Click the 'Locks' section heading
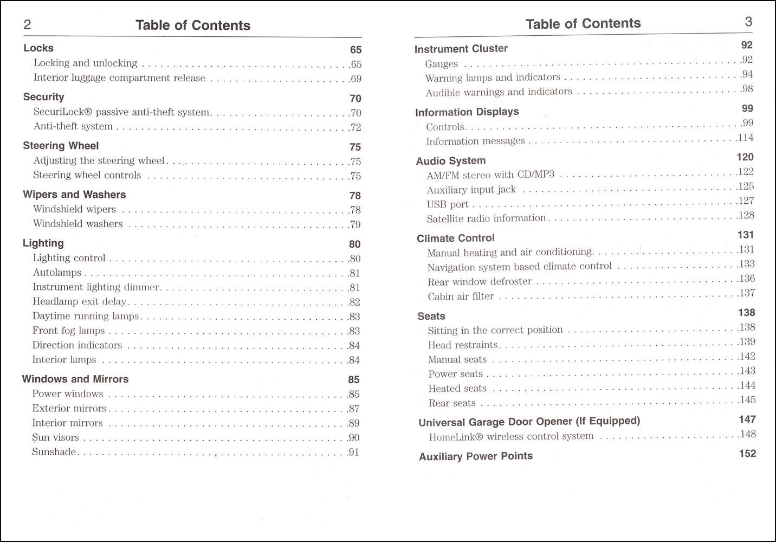(x=38, y=48)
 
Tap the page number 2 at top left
(x=27, y=24)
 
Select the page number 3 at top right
(x=748, y=22)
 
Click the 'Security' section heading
(x=43, y=97)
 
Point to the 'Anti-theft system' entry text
(x=73, y=126)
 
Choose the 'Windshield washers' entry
(x=77, y=224)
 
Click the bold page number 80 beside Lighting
(x=355, y=244)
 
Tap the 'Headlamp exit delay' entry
(x=79, y=302)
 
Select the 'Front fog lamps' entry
(x=68, y=331)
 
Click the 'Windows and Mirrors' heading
(x=75, y=379)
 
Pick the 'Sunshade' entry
(x=54, y=452)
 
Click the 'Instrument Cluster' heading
(x=461, y=49)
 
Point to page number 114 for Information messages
(x=746, y=138)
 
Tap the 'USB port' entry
(x=448, y=204)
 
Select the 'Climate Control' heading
(x=456, y=238)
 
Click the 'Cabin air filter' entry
(x=461, y=296)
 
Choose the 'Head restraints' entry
(x=463, y=345)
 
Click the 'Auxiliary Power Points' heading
(x=476, y=456)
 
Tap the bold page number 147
(x=747, y=420)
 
